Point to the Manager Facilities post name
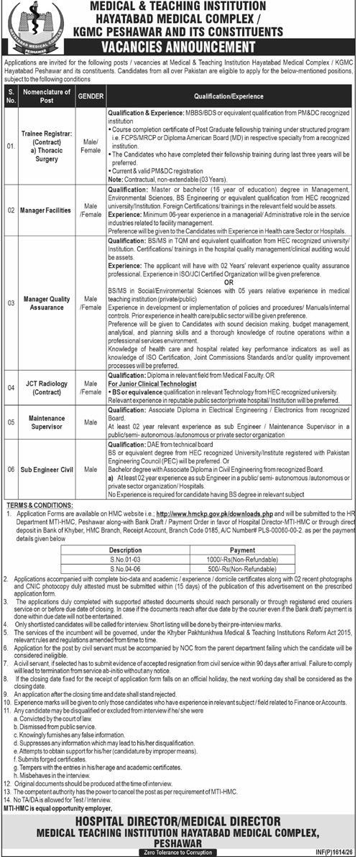coord(49,210)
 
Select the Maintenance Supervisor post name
coord(49,422)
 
